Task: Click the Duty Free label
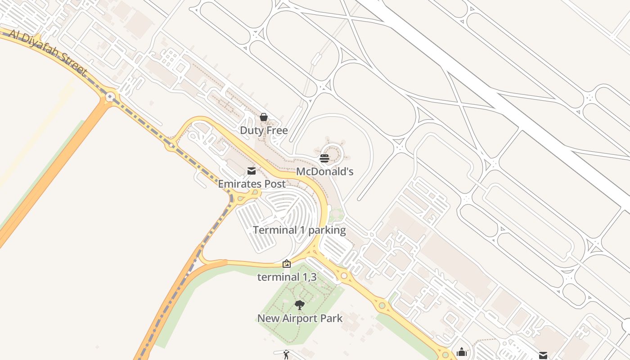(x=264, y=130)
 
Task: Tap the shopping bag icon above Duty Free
(x=264, y=117)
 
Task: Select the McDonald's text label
(x=324, y=171)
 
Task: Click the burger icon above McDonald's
(x=324, y=158)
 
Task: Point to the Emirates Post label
(x=252, y=184)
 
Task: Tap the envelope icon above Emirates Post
(x=252, y=171)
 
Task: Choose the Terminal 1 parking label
(x=299, y=230)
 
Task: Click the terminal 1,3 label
(x=287, y=277)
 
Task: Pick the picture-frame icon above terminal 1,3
(x=287, y=264)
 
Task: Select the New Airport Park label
(x=300, y=319)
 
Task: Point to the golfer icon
(x=286, y=355)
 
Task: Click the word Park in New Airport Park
(x=332, y=319)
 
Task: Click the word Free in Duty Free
(x=277, y=130)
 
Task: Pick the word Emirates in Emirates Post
(x=240, y=184)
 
